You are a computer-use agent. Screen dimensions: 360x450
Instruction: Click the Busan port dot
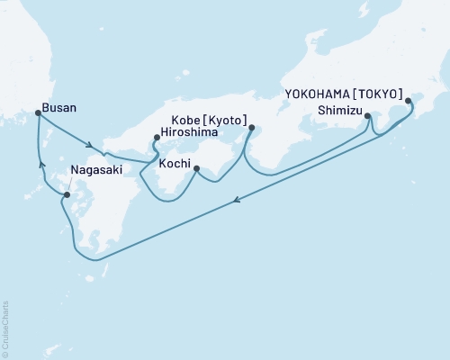click(37, 112)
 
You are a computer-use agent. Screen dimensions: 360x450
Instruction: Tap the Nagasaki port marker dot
click(67, 193)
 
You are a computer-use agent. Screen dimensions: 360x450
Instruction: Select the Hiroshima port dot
click(157, 138)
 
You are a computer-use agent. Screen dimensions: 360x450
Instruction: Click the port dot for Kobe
click(250, 127)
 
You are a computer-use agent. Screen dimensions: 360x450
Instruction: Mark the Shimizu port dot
click(369, 114)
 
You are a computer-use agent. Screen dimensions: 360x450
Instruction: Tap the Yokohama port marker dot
click(408, 101)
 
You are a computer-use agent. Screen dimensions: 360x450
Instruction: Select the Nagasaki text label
click(94, 168)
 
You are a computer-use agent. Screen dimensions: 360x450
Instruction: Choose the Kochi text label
click(175, 165)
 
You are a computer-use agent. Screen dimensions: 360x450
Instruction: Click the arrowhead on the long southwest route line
click(237, 202)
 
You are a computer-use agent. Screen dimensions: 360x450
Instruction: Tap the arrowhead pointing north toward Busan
click(40, 164)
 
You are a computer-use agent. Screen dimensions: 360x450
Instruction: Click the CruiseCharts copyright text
click(5, 328)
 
